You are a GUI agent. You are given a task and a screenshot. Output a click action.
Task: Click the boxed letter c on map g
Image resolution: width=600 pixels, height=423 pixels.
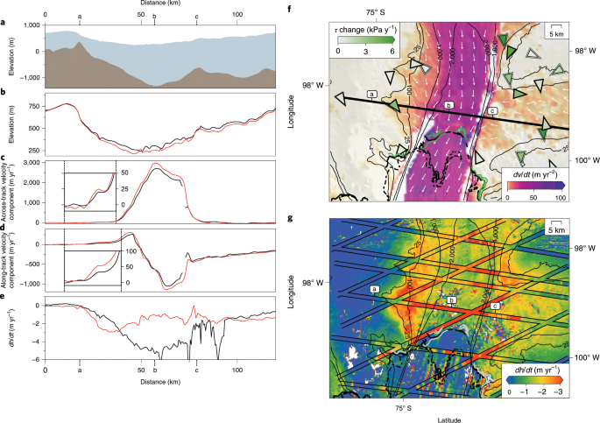(495, 306)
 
